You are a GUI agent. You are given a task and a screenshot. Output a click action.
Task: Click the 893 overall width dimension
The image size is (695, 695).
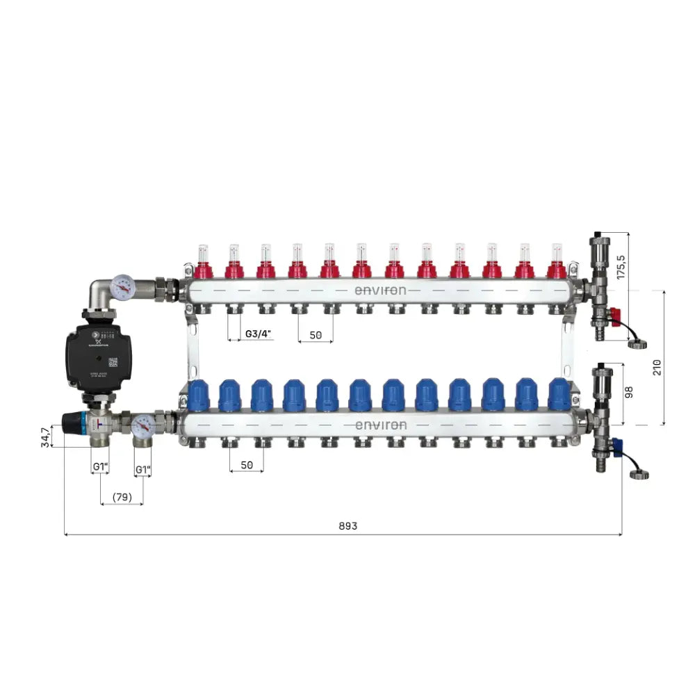pos(348,526)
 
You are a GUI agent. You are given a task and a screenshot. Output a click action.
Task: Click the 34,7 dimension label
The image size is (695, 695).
pos(47,437)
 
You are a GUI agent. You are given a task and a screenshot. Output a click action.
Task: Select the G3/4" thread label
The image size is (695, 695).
pos(259,334)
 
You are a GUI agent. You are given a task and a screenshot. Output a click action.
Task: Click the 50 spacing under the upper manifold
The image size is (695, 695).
pos(316,334)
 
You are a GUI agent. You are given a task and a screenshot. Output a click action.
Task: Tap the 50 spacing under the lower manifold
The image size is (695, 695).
pos(247,465)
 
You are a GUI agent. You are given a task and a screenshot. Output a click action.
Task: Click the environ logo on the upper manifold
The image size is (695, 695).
pos(380,291)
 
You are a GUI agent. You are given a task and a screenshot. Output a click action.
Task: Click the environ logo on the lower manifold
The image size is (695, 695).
pos(380,425)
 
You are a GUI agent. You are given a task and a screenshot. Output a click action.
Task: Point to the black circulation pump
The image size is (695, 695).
pos(88,356)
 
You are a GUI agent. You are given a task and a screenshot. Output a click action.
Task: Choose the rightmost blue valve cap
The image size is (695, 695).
pos(558,394)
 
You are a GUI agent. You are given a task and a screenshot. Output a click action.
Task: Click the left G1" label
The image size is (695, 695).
pos(100,469)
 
